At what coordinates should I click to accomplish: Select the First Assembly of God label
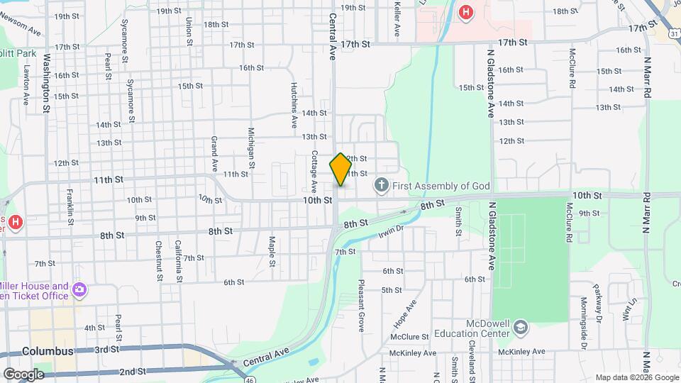pyautogui.click(x=441, y=186)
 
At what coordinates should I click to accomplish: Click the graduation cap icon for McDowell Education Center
pyautogui.click(x=521, y=328)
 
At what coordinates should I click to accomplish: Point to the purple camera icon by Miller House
pyautogui.click(x=79, y=289)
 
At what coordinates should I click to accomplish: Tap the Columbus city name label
pyautogui.click(x=48, y=351)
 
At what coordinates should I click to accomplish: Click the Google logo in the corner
pyautogui.click(x=23, y=374)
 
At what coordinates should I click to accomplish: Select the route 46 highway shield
pyautogui.click(x=252, y=379)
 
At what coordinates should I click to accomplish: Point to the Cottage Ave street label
pyautogui.click(x=314, y=171)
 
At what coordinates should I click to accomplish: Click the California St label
pyautogui.click(x=179, y=260)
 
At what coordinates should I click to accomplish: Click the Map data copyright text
pyautogui.click(x=636, y=377)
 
